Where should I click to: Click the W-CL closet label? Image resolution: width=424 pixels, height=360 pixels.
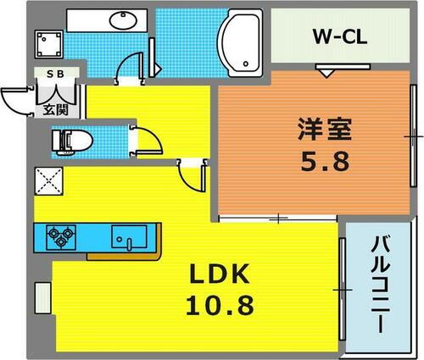pyautogui.click(x=337, y=38)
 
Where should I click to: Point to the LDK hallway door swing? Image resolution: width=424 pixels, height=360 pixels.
pyautogui.click(x=191, y=175)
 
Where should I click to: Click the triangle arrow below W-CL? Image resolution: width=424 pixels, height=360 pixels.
pyautogui.click(x=325, y=73)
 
